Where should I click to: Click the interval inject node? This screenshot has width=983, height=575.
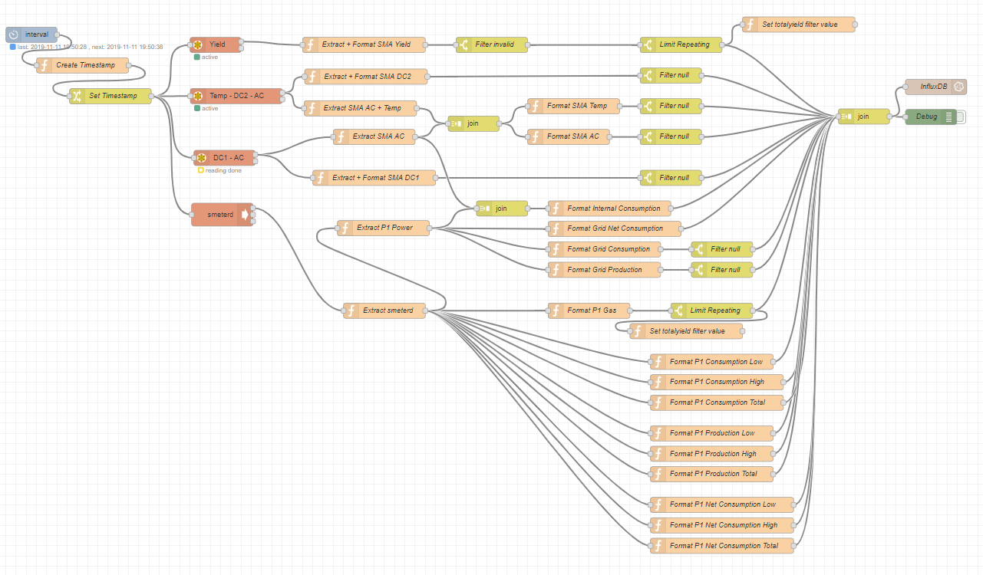click(31, 34)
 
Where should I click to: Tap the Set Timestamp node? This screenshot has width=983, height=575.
click(111, 96)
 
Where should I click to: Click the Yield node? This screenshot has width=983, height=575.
click(216, 44)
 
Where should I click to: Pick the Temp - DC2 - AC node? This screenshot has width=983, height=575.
click(236, 96)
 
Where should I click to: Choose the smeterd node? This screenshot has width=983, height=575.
click(221, 215)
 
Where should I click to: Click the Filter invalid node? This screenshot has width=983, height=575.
click(493, 44)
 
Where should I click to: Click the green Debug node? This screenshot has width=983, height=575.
click(930, 117)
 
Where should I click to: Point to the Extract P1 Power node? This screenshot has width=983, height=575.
click(384, 228)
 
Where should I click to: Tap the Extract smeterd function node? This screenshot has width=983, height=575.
click(384, 310)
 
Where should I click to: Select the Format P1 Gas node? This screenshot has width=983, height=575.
click(589, 310)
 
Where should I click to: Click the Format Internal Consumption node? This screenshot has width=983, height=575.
click(609, 208)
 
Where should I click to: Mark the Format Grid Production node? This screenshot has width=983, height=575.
click(605, 269)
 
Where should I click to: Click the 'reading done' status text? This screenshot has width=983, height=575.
click(223, 170)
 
